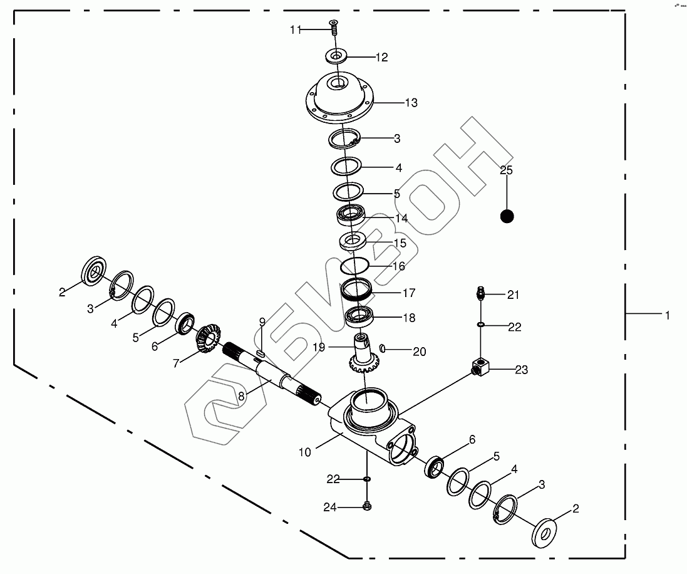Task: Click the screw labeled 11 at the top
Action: click(333, 26)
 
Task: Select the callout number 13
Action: click(411, 103)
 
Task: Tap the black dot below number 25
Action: click(507, 216)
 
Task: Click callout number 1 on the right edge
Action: click(668, 316)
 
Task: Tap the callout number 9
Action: click(262, 322)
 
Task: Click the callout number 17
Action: click(408, 293)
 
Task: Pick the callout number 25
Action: click(506, 170)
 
